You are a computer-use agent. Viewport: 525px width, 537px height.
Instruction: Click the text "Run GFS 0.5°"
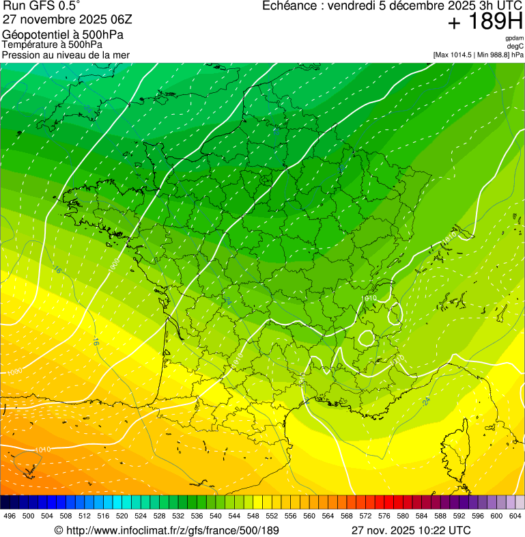[x=41, y=7]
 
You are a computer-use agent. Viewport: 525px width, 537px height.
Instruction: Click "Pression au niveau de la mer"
[x=66, y=55]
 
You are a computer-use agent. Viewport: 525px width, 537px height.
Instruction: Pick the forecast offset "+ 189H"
[x=485, y=23]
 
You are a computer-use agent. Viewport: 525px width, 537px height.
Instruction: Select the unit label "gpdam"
[x=514, y=38]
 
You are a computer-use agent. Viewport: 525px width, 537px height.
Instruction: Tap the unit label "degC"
[x=515, y=46]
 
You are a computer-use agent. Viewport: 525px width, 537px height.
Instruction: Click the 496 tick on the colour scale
[x=10, y=516]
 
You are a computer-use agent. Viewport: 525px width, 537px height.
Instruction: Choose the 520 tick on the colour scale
[x=122, y=516]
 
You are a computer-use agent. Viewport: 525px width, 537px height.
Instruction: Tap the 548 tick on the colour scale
[x=253, y=516]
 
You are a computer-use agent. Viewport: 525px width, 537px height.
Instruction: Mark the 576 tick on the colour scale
[x=384, y=516]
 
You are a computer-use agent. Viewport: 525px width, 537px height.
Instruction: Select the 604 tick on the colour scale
[x=515, y=516]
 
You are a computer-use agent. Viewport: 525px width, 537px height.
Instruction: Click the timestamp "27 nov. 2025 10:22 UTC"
[x=410, y=530]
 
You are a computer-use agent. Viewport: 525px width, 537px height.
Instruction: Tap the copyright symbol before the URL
[x=59, y=530]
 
